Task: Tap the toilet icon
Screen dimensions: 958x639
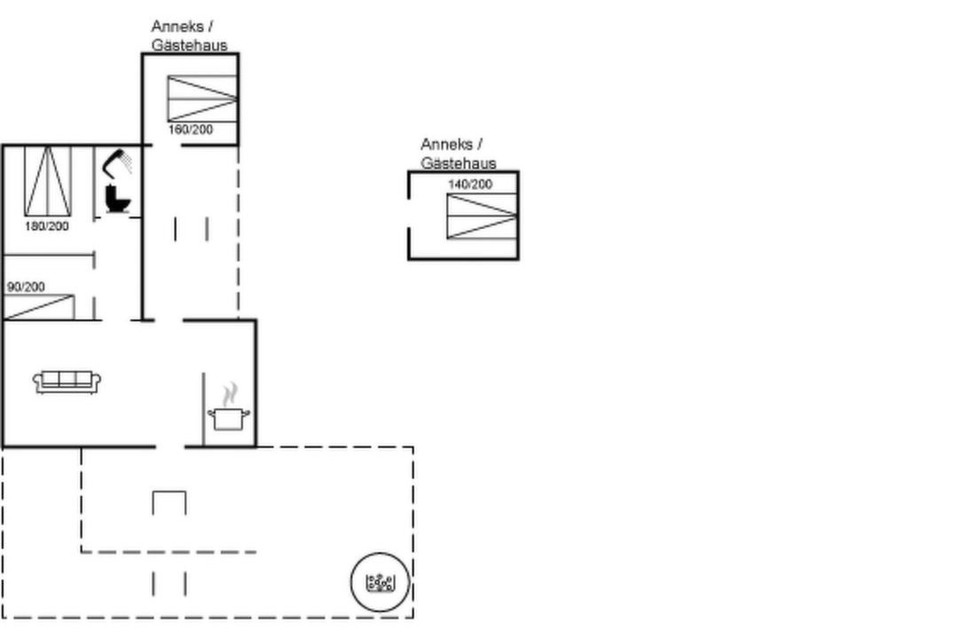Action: click(x=117, y=198)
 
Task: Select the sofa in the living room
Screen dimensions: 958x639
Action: click(x=67, y=382)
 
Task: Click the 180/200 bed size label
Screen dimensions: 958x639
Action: click(x=47, y=226)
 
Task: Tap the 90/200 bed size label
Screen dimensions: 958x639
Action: click(x=27, y=287)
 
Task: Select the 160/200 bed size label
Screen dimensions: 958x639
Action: click(x=191, y=130)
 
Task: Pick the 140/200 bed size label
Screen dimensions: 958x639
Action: click(x=470, y=184)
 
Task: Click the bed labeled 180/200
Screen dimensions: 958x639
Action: click(x=48, y=181)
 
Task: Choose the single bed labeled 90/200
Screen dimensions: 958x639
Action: click(x=39, y=307)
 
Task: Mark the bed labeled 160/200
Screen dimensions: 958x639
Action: click(x=202, y=99)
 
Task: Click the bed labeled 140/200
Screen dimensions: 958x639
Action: click(x=482, y=216)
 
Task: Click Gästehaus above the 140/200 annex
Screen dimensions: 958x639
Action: click(x=459, y=163)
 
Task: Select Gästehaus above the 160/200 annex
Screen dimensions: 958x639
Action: click(x=190, y=45)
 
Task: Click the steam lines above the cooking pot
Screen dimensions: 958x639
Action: click(x=230, y=395)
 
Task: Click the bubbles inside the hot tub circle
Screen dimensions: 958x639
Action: click(x=380, y=582)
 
